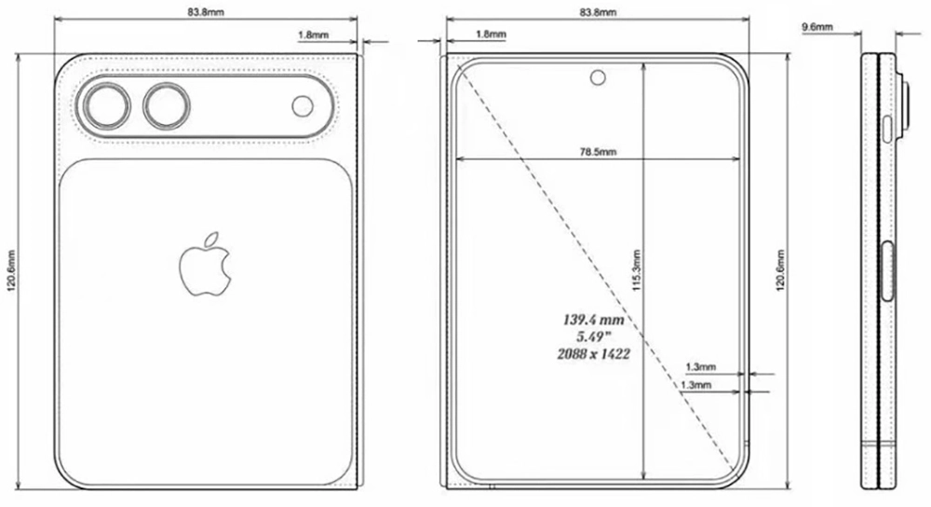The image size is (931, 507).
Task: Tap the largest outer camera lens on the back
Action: [105, 106]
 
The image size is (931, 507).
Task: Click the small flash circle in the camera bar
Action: [303, 106]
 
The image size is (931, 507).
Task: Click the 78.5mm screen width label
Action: [596, 151]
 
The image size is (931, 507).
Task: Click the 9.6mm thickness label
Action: [816, 28]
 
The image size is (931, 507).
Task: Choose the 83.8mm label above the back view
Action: [207, 13]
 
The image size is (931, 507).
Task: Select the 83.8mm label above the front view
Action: [596, 13]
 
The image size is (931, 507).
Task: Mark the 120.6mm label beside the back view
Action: [11, 271]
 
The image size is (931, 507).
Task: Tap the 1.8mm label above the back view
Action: [311, 34]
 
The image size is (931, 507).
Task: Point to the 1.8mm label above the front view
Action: [491, 34]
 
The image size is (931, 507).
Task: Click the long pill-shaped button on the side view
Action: [887, 269]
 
